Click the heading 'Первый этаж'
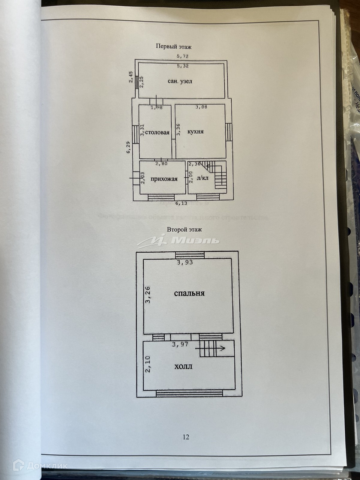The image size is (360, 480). [x=173, y=47]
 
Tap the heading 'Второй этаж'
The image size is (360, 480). [x=184, y=229]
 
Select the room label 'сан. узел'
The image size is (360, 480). [x=180, y=81]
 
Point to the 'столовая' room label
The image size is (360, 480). [x=157, y=132]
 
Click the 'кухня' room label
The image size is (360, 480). [x=195, y=132]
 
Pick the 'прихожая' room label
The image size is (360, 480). [x=164, y=179]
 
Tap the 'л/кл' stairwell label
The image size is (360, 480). [x=202, y=178]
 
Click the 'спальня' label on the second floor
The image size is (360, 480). [x=189, y=293]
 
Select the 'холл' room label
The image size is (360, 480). [x=183, y=367]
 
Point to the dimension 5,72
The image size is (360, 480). [x=182, y=56]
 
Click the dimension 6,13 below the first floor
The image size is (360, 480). [x=181, y=203]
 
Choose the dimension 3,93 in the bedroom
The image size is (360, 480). [x=185, y=262]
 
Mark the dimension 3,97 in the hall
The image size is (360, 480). [x=180, y=344]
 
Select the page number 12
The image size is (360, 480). [x=186, y=437]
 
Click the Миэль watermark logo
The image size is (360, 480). [x=179, y=240]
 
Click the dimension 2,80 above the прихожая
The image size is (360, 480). [x=162, y=164]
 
